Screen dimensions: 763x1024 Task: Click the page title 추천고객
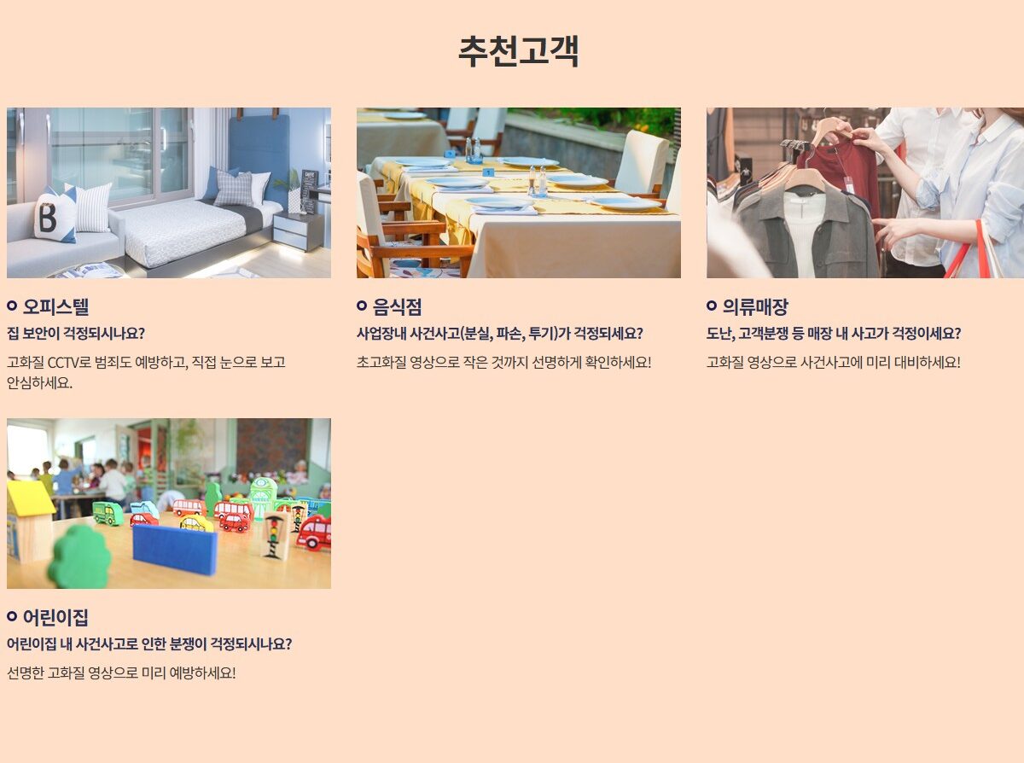(518, 51)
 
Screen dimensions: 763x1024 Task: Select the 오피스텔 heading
(56, 306)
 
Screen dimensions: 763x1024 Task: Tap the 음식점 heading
(397, 306)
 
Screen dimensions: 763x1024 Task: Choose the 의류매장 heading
(755, 306)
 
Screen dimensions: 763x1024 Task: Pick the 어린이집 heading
(55, 617)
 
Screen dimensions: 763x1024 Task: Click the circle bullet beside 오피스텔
(12, 306)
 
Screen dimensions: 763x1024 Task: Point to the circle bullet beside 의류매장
(712, 306)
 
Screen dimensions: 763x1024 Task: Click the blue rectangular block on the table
(174, 549)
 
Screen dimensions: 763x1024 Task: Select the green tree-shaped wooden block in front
(79, 558)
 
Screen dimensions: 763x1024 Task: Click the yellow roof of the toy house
(30, 498)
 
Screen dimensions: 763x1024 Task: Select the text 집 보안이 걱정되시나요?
(76, 333)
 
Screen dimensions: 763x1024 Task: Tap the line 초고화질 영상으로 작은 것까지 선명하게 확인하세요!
(503, 362)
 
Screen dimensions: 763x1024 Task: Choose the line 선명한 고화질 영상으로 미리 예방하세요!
(121, 673)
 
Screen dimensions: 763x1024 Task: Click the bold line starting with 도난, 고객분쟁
(833, 333)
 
